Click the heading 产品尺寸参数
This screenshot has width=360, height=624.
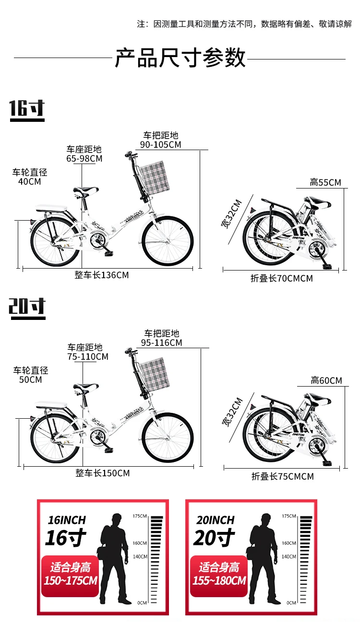(x=180, y=58)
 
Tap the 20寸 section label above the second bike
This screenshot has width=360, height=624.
(x=27, y=307)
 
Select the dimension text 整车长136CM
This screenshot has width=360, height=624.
(x=102, y=275)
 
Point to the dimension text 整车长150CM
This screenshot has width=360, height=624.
(x=102, y=473)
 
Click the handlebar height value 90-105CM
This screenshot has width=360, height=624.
(x=161, y=144)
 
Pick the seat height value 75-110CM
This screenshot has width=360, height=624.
(x=88, y=356)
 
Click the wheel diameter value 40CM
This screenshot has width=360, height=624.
(x=30, y=182)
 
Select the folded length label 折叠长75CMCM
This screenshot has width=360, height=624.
(x=283, y=476)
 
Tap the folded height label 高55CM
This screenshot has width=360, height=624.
(x=325, y=182)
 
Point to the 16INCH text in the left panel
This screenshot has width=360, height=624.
(x=67, y=520)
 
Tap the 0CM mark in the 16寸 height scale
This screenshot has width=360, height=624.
(x=143, y=602)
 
